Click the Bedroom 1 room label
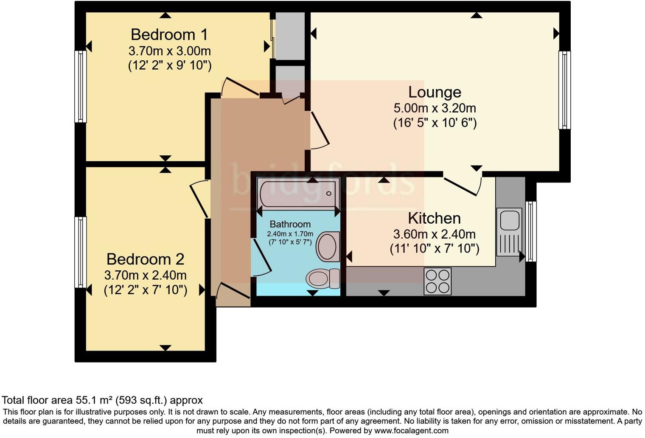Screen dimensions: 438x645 (168, 34)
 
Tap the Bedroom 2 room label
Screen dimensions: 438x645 (145, 259)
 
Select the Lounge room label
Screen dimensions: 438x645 (435, 92)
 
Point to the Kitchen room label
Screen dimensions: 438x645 (434, 218)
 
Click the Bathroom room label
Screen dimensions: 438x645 (290, 224)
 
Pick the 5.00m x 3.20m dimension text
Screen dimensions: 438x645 (435, 108)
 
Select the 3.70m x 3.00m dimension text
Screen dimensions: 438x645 (169, 51)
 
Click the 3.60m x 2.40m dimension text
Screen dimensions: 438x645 (434, 234)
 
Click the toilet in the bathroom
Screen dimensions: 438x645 (322, 278)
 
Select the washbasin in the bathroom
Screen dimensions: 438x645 (328, 246)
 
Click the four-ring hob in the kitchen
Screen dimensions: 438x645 (437, 281)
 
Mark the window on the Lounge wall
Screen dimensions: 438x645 (564, 90)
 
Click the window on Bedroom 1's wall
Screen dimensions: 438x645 (80, 87)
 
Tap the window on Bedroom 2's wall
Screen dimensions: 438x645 (80, 252)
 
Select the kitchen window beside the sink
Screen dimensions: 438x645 (531, 231)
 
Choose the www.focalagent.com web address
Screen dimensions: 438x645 (411, 430)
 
